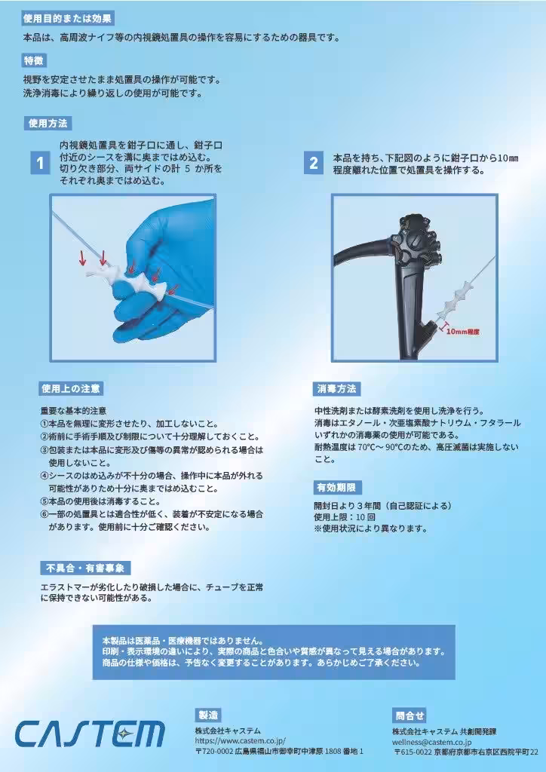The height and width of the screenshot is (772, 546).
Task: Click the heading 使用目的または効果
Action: coord(68,18)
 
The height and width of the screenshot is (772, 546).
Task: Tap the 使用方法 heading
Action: coord(48,123)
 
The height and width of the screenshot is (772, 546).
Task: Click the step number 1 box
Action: coord(40,162)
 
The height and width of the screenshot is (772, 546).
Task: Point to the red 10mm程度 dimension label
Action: coord(462,330)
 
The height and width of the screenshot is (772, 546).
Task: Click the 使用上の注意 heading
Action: coord(71,389)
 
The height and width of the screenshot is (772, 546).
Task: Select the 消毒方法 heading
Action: coord(336,389)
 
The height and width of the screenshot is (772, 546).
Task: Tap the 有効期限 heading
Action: coord(338,487)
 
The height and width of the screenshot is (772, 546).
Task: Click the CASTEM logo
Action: coord(90,734)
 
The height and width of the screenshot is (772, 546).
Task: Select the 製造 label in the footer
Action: coord(207,715)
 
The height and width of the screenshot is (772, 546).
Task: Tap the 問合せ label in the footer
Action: coord(409,715)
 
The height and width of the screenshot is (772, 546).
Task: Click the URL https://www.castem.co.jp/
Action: coord(240,741)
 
